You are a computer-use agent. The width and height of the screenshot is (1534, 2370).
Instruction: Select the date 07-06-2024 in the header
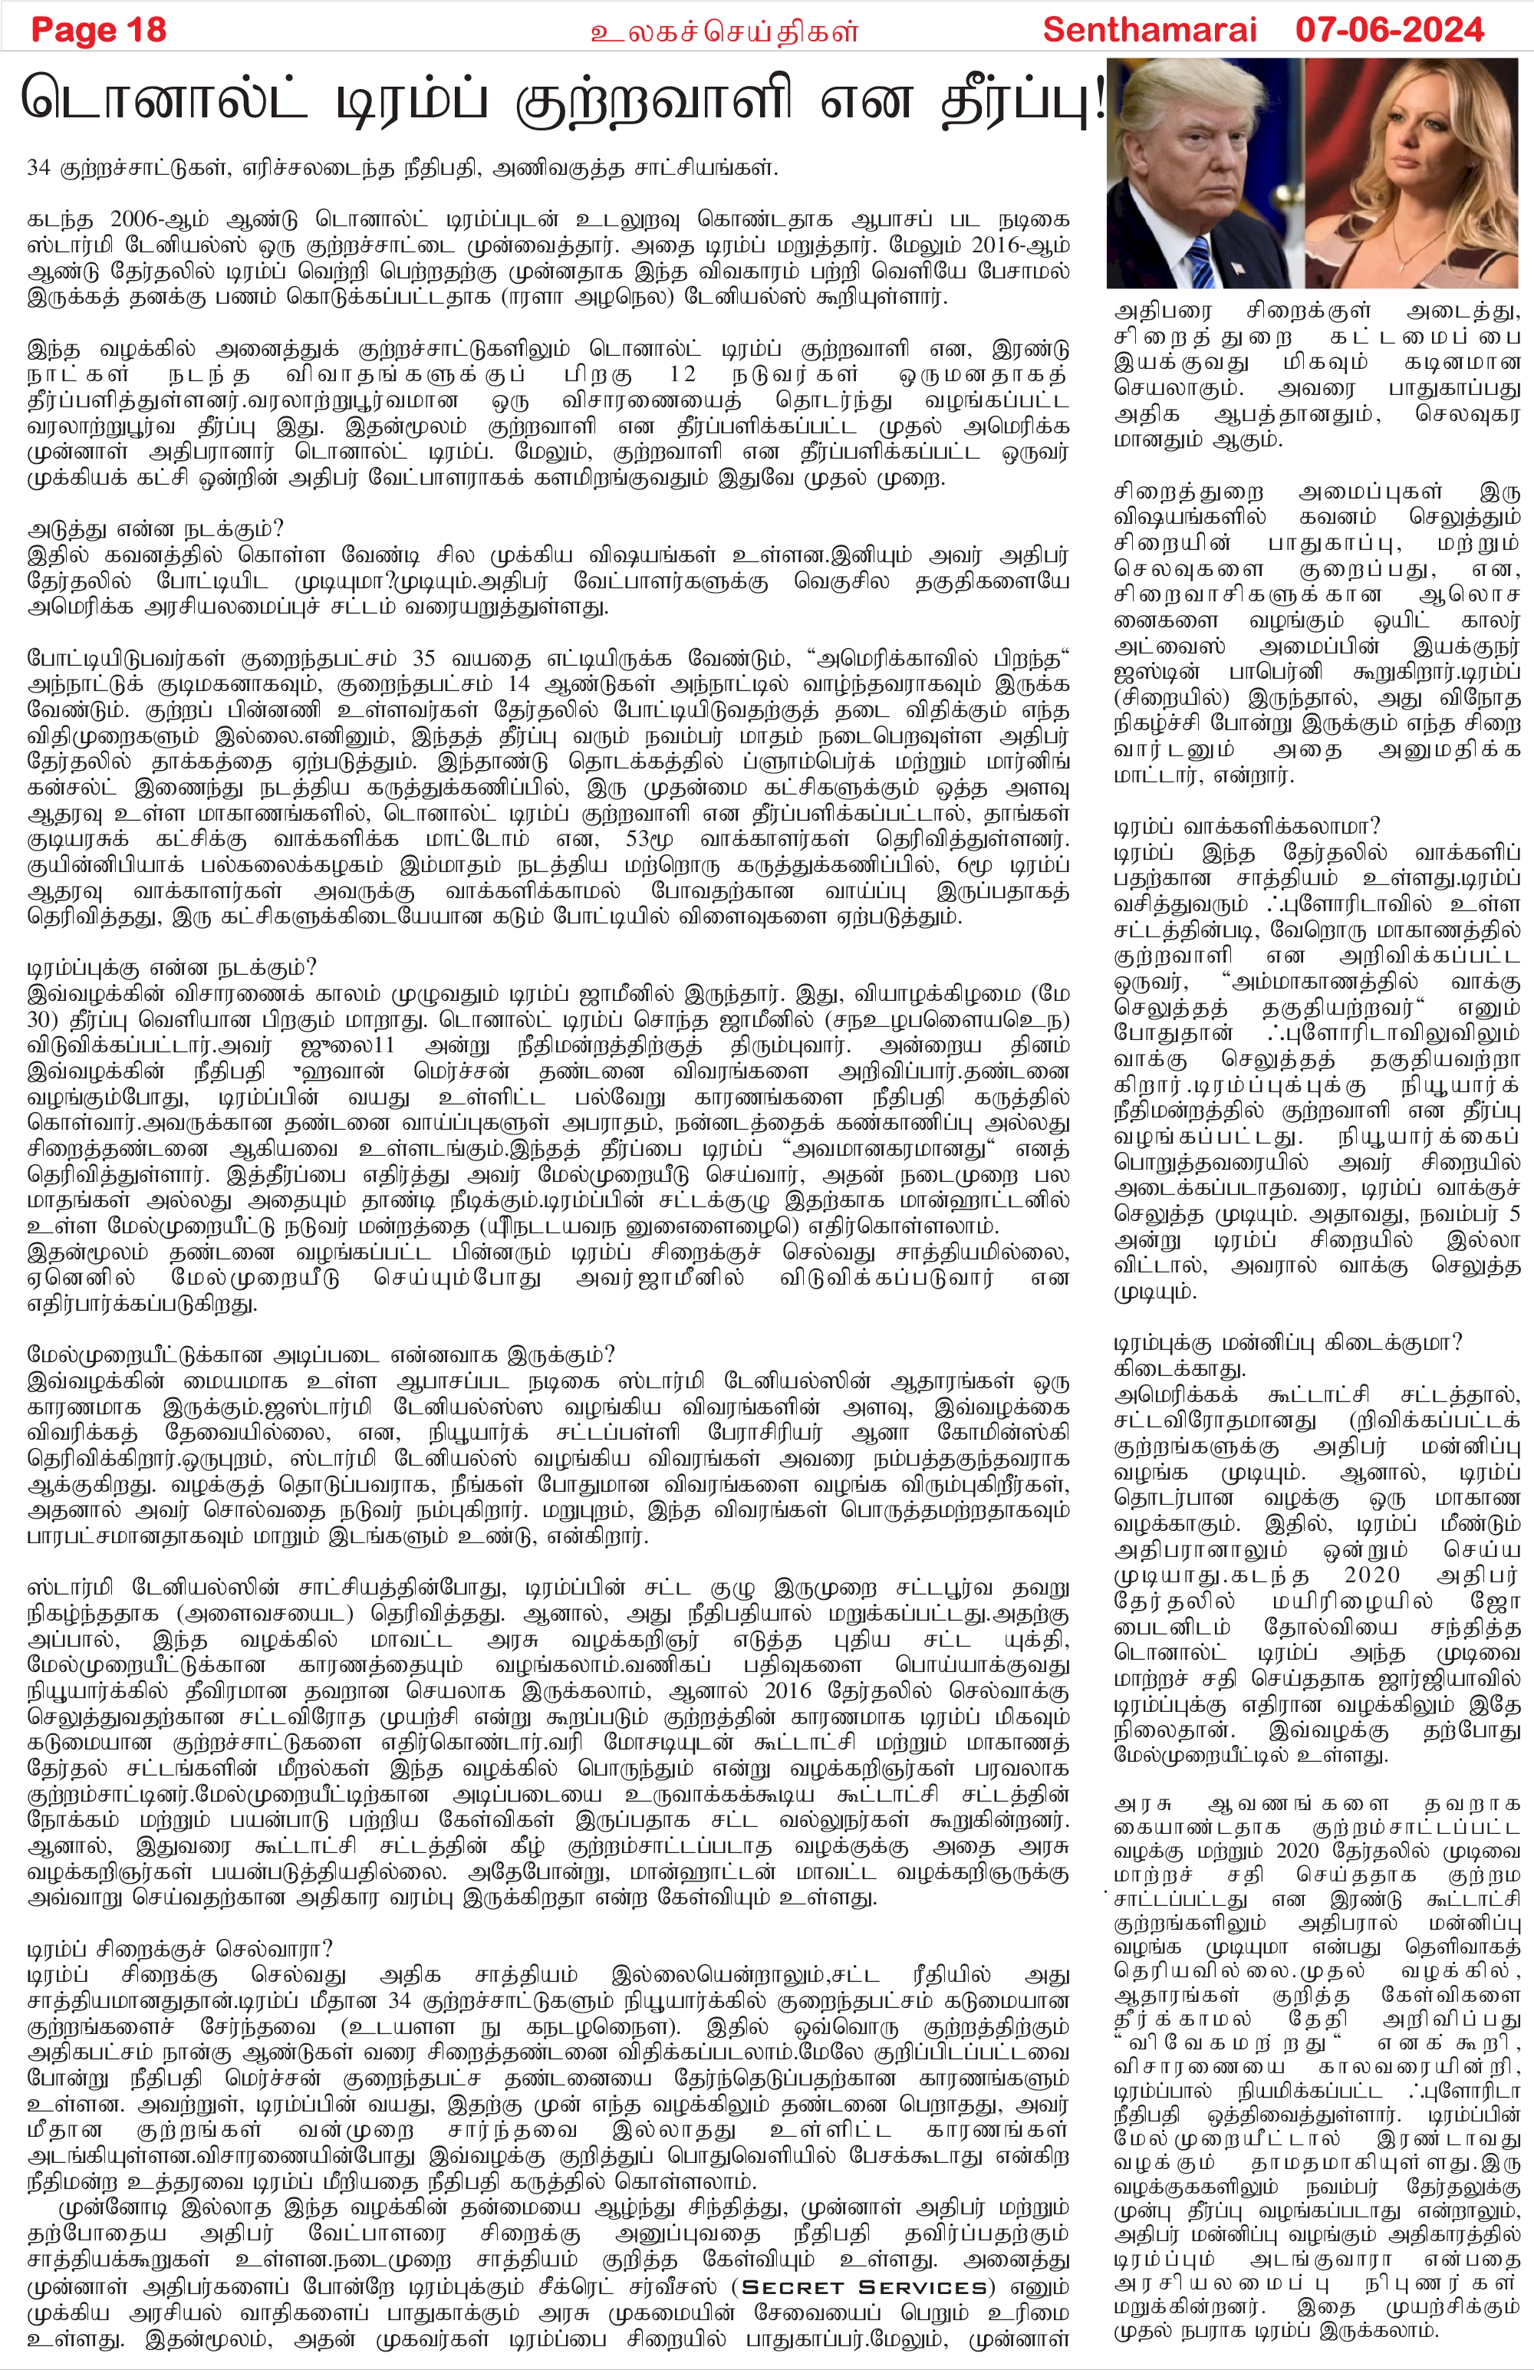[x=1390, y=30]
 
